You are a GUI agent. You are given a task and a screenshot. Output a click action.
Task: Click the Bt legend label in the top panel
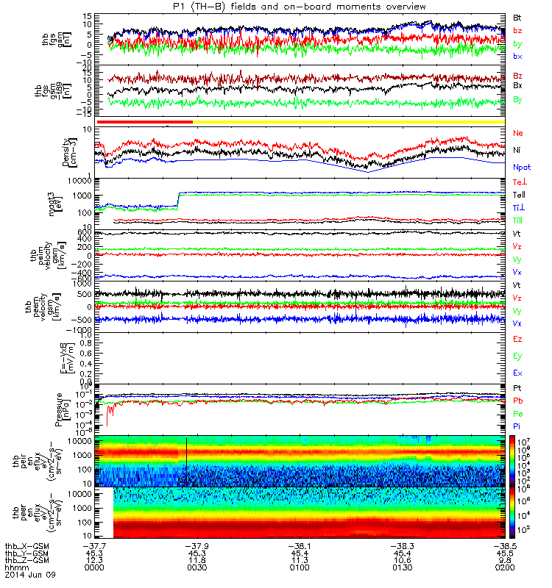coord(517,16)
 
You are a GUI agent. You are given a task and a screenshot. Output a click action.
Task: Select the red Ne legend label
coord(517,133)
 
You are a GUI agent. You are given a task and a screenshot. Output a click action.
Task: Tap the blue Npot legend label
coord(521,167)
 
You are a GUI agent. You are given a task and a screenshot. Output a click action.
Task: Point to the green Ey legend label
coord(517,356)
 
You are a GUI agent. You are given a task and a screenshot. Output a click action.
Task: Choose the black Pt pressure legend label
coord(517,387)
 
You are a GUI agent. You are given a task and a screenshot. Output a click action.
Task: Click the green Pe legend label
coord(517,414)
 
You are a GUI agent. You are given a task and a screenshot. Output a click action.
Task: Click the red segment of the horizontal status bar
coord(144,121)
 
